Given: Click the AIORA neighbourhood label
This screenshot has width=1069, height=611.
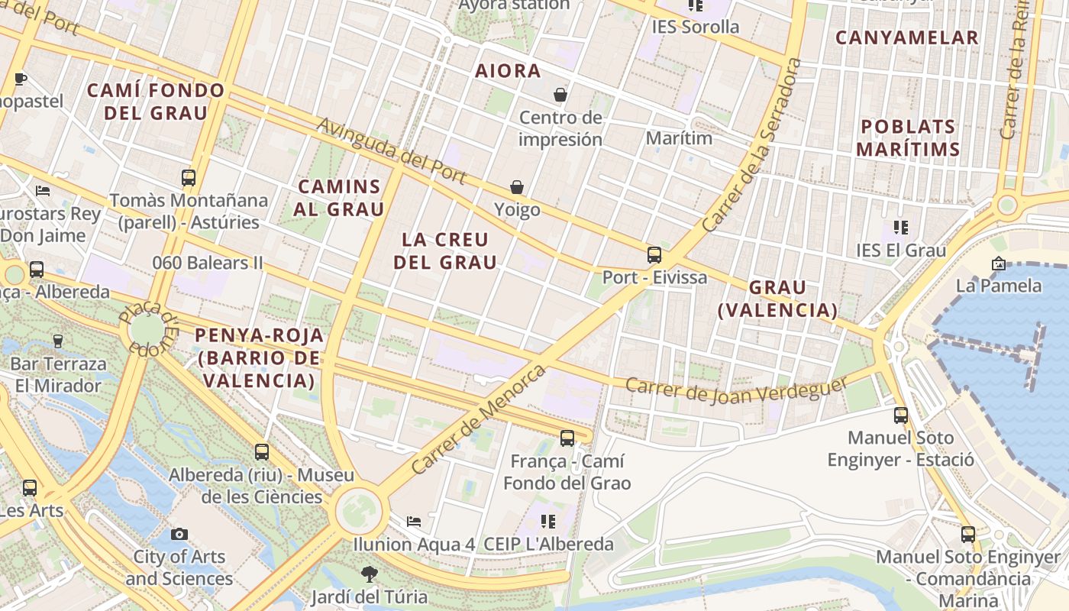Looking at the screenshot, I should (508, 71).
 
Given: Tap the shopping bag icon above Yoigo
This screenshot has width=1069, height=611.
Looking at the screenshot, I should (517, 187).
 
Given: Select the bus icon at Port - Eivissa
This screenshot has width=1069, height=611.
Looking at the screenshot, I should (654, 255).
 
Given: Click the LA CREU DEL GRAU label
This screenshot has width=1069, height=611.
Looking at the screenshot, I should (445, 251).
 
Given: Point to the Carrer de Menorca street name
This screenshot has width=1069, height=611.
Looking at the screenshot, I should (479, 419).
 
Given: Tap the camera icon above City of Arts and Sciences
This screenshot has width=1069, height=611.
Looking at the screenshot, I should (179, 534).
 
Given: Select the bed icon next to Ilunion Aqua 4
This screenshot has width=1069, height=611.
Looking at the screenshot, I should (414, 522).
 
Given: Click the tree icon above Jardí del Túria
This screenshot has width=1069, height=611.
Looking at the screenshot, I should (370, 574).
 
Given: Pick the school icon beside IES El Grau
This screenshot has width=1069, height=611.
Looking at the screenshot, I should (901, 228).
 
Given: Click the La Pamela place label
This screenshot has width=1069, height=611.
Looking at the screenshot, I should (999, 286).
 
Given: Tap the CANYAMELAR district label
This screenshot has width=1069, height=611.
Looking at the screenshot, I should (906, 37).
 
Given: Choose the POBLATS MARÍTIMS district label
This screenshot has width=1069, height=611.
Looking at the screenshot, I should (908, 137).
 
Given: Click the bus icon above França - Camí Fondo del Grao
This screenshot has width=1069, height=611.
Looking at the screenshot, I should (567, 438).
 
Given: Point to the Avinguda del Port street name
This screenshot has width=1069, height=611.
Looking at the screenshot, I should (391, 150).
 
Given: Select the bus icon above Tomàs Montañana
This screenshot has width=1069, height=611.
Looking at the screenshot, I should (189, 178).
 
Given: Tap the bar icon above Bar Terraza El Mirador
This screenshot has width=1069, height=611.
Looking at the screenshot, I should (57, 341).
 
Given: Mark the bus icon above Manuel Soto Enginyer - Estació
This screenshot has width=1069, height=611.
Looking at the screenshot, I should (901, 415).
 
